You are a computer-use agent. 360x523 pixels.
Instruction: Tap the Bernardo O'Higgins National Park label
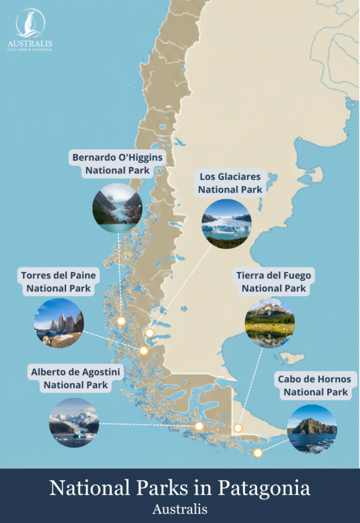117,164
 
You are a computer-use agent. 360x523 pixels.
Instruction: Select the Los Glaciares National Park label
230,183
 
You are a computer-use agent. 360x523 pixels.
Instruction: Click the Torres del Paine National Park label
59,282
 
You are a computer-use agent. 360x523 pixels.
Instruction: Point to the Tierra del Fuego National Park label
274,282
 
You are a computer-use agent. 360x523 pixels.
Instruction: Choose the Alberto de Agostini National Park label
76,378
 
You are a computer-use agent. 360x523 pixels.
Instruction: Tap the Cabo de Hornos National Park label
315,386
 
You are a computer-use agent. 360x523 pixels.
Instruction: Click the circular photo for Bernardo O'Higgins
117,208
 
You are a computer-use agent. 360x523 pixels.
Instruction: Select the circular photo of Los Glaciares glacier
226,224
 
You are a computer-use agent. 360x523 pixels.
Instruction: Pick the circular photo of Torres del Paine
59,323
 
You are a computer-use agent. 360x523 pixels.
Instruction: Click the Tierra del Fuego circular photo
269,323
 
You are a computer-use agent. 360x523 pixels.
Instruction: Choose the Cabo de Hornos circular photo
312,429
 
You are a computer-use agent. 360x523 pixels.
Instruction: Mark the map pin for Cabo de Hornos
258,453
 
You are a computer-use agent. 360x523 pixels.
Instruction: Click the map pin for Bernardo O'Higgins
121,321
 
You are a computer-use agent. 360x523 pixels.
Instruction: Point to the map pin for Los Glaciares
150,333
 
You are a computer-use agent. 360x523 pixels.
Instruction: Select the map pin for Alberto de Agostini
200,426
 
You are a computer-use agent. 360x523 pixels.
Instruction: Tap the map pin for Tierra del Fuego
238,428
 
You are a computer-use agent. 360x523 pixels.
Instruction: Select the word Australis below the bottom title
180,509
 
